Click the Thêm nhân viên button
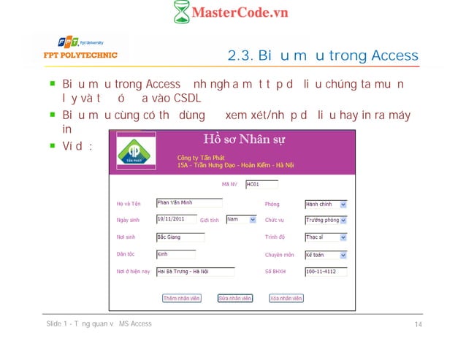(x=181, y=298)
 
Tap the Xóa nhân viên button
(x=287, y=298)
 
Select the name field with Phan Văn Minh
(x=188, y=203)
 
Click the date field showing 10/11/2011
(x=176, y=219)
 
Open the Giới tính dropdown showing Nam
(x=240, y=219)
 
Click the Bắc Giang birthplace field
(x=180, y=237)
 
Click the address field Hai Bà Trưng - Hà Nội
(x=195, y=272)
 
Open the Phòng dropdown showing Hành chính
(x=326, y=204)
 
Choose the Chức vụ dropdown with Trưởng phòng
(x=326, y=220)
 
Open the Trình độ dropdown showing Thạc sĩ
(x=326, y=237)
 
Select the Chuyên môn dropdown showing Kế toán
(x=326, y=255)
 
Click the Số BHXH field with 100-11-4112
(x=325, y=272)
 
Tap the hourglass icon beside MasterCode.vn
(x=181, y=12)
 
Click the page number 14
(x=419, y=324)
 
